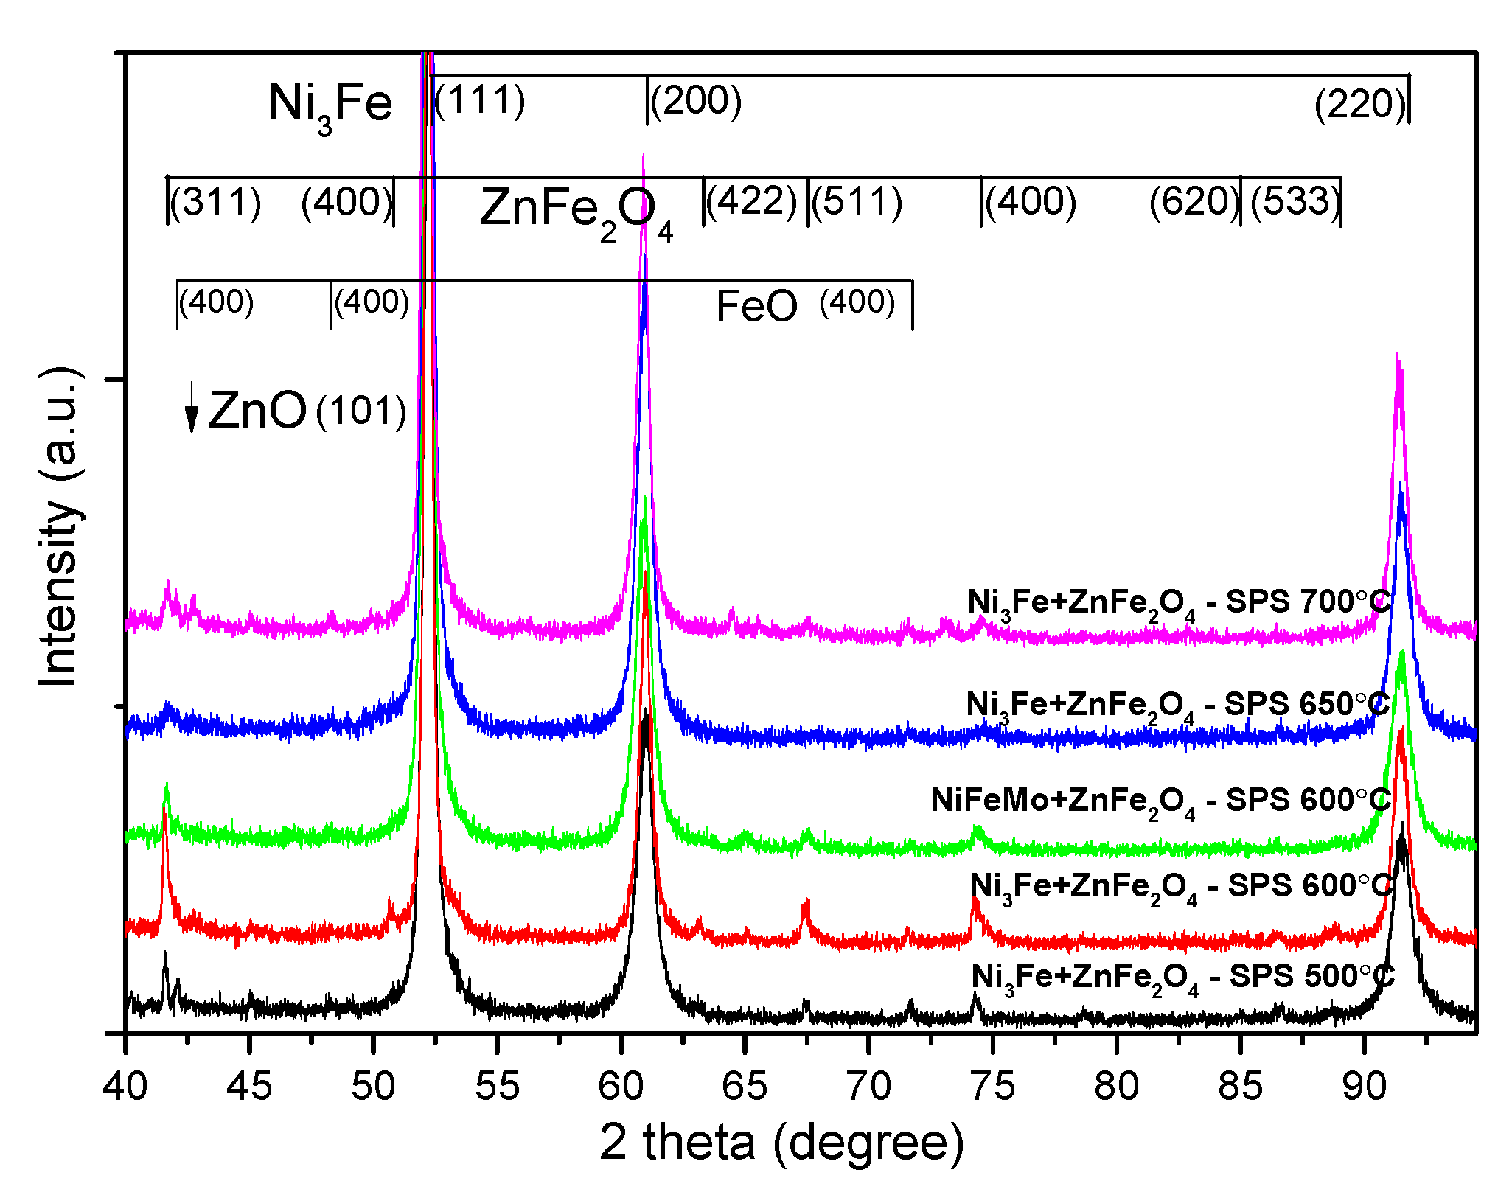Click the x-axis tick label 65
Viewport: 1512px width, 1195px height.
(x=745, y=1087)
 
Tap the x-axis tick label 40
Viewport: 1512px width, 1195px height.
(x=125, y=1087)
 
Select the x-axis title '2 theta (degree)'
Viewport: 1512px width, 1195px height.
(x=781, y=1142)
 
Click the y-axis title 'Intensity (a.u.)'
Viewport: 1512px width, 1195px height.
(x=59, y=527)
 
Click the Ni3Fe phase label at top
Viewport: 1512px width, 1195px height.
(x=330, y=105)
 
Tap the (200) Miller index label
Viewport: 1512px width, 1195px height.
(x=696, y=100)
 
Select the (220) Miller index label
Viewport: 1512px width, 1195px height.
(x=1361, y=104)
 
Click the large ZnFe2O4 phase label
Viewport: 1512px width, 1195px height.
(x=575, y=210)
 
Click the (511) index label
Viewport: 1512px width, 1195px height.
(x=857, y=201)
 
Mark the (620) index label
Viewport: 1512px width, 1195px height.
(x=1195, y=201)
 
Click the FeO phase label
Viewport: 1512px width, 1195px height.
(x=756, y=306)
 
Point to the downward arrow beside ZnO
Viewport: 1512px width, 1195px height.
(x=192, y=408)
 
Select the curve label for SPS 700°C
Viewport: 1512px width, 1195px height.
(x=1178, y=603)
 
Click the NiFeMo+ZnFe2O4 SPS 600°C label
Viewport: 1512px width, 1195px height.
(x=1160, y=801)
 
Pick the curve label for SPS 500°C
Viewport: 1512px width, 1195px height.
(x=1182, y=978)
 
